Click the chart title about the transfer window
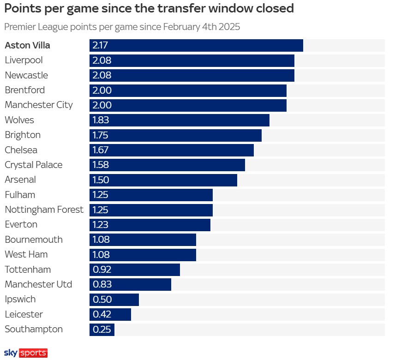pos(149,9)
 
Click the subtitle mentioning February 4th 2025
pos(122,27)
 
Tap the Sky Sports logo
pos(26,353)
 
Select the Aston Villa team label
pos(28,45)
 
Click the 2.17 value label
pos(102,45)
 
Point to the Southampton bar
pos(102,330)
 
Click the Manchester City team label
pos(39,105)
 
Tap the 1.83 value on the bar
pos(102,120)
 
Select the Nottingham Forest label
pos(44,210)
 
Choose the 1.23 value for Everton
pos(102,225)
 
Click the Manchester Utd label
pos(38,284)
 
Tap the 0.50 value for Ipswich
pos(102,300)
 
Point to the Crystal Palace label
pos(33,165)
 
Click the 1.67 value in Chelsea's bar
pos(102,150)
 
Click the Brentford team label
pos(25,90)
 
